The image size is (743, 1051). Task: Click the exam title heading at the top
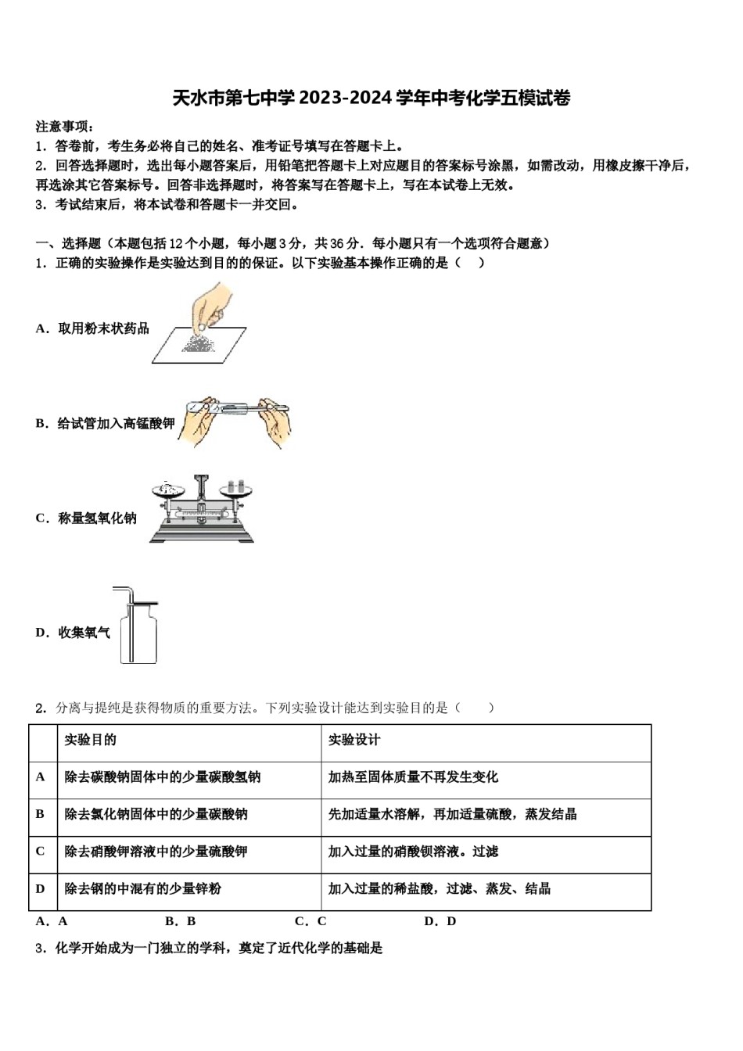pos(371,99)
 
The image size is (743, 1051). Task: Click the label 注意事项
pos(65,127)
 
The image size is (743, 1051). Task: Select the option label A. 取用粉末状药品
pos(92,328)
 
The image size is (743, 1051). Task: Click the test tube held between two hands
pos(235,407)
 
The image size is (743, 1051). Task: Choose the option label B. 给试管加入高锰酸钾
pos(105,424)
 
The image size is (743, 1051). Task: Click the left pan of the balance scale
pos(165,491)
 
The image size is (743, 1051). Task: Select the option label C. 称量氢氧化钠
pos(86,518)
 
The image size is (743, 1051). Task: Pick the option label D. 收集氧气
pos(73,633)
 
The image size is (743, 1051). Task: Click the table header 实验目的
pos(90,740)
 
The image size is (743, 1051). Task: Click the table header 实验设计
pos(354,740)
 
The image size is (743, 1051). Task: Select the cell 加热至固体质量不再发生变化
pos(412,777)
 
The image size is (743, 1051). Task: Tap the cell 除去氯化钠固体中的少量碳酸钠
pos(156,814)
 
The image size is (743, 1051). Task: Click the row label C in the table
pos(41,851)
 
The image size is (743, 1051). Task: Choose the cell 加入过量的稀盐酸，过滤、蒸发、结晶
pos(439,888)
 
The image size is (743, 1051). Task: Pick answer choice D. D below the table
pos(440,921)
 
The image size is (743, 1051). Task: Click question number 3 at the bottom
pos(41,949)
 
